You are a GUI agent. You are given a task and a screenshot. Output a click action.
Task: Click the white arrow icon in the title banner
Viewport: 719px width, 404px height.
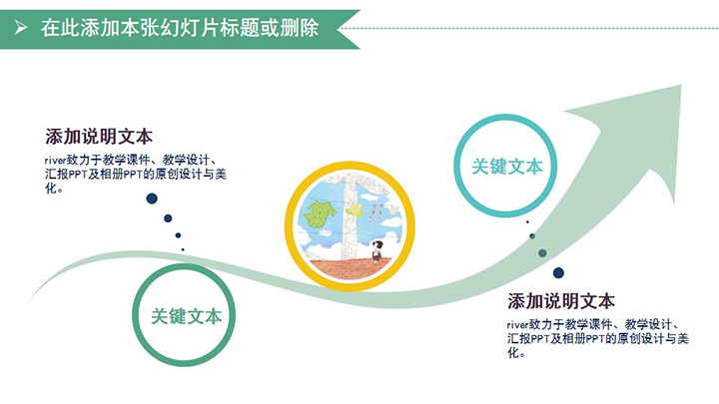[20, 28]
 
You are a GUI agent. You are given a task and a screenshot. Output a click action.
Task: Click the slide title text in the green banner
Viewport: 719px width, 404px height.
[180, 28]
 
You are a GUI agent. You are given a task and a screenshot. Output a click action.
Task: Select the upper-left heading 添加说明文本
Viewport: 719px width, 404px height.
[99, 137]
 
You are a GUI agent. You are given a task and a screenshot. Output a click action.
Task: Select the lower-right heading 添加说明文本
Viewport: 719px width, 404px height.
[561, 301]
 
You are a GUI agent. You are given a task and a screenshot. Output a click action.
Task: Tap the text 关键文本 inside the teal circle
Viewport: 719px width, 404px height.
[507, 167]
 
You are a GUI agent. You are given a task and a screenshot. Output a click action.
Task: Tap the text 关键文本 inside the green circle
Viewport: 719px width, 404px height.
[186, 316]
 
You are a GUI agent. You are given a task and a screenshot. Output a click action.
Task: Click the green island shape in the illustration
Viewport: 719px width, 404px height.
[321, 213]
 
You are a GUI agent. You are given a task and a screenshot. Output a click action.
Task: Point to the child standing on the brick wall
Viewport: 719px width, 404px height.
[376, 251]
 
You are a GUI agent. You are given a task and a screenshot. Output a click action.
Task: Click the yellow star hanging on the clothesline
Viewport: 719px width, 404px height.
[355, 210]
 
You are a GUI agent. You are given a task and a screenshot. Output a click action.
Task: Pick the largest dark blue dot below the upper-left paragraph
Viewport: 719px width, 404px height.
[152, 199]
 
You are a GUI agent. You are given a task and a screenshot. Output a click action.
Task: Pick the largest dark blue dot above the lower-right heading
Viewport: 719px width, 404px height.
[558, 273]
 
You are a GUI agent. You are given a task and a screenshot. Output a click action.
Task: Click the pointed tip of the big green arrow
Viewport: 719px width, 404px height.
[681, 85]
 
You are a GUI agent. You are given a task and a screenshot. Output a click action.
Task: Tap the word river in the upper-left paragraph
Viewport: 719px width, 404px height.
[56, 161]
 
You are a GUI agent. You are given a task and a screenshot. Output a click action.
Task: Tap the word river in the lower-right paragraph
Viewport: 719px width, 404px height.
[517, 325]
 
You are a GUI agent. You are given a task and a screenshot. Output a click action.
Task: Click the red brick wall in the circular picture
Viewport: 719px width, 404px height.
[351, 269]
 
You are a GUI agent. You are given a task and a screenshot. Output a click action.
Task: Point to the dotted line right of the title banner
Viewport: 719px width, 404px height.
[528, 28]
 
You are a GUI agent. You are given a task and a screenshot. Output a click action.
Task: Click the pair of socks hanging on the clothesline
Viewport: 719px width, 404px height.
[376, 212]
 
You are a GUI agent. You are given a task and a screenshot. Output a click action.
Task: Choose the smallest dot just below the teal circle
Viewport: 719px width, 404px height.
[527, 221]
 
